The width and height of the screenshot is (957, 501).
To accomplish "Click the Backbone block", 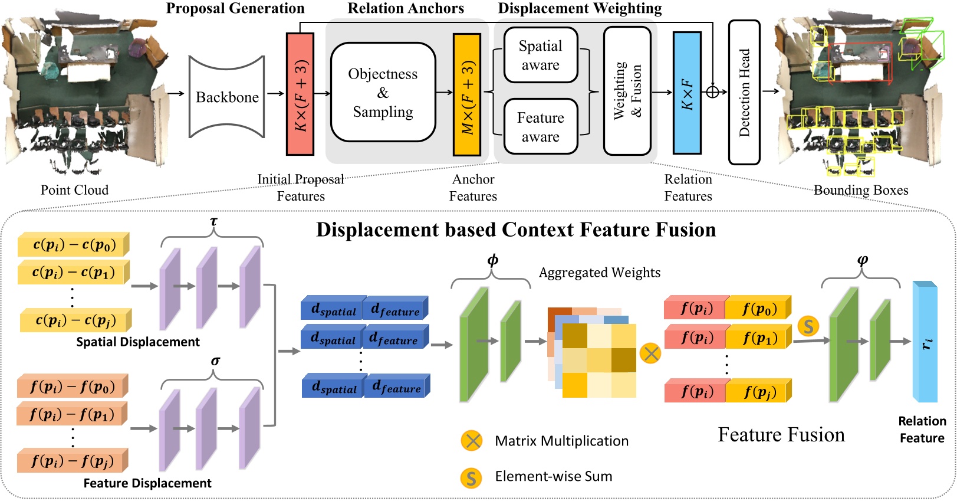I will click(x=226, y=97).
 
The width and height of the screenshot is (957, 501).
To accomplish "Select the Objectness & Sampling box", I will click(x=383, y=93).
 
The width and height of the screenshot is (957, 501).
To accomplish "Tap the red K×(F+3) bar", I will click(x=300, y=94).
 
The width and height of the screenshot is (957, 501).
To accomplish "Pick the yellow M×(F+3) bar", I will click(x=466, y=94).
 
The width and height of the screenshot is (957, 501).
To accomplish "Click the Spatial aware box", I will click(x=540, y=55).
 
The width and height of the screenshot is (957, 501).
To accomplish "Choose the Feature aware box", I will click(x=540, y=126).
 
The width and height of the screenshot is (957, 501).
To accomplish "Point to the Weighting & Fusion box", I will click(x=627, y=91).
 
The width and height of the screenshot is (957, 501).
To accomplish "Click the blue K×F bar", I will click(x=687, y=93).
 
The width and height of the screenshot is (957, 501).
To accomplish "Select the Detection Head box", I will click(x=744, y=92).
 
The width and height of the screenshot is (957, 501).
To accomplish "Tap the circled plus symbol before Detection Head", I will click(x=712, y=91).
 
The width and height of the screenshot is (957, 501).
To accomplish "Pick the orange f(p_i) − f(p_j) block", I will click(x=72, y=460).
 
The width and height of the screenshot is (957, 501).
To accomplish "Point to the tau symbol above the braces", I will click(x=213, y=221).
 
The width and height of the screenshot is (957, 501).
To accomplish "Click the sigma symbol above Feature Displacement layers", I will click(x=215, y=361).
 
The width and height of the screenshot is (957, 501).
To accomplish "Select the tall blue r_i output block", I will click(x=925, y=342).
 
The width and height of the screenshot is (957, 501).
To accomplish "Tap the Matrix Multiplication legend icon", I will click(x=472, y=441).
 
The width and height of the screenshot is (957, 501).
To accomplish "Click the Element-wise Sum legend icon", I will click(x=471, y=477).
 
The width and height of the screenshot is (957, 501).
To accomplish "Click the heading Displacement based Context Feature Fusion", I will click(x=516, y=230).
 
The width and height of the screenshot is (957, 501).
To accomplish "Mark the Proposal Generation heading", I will click(x=235, y=8).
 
